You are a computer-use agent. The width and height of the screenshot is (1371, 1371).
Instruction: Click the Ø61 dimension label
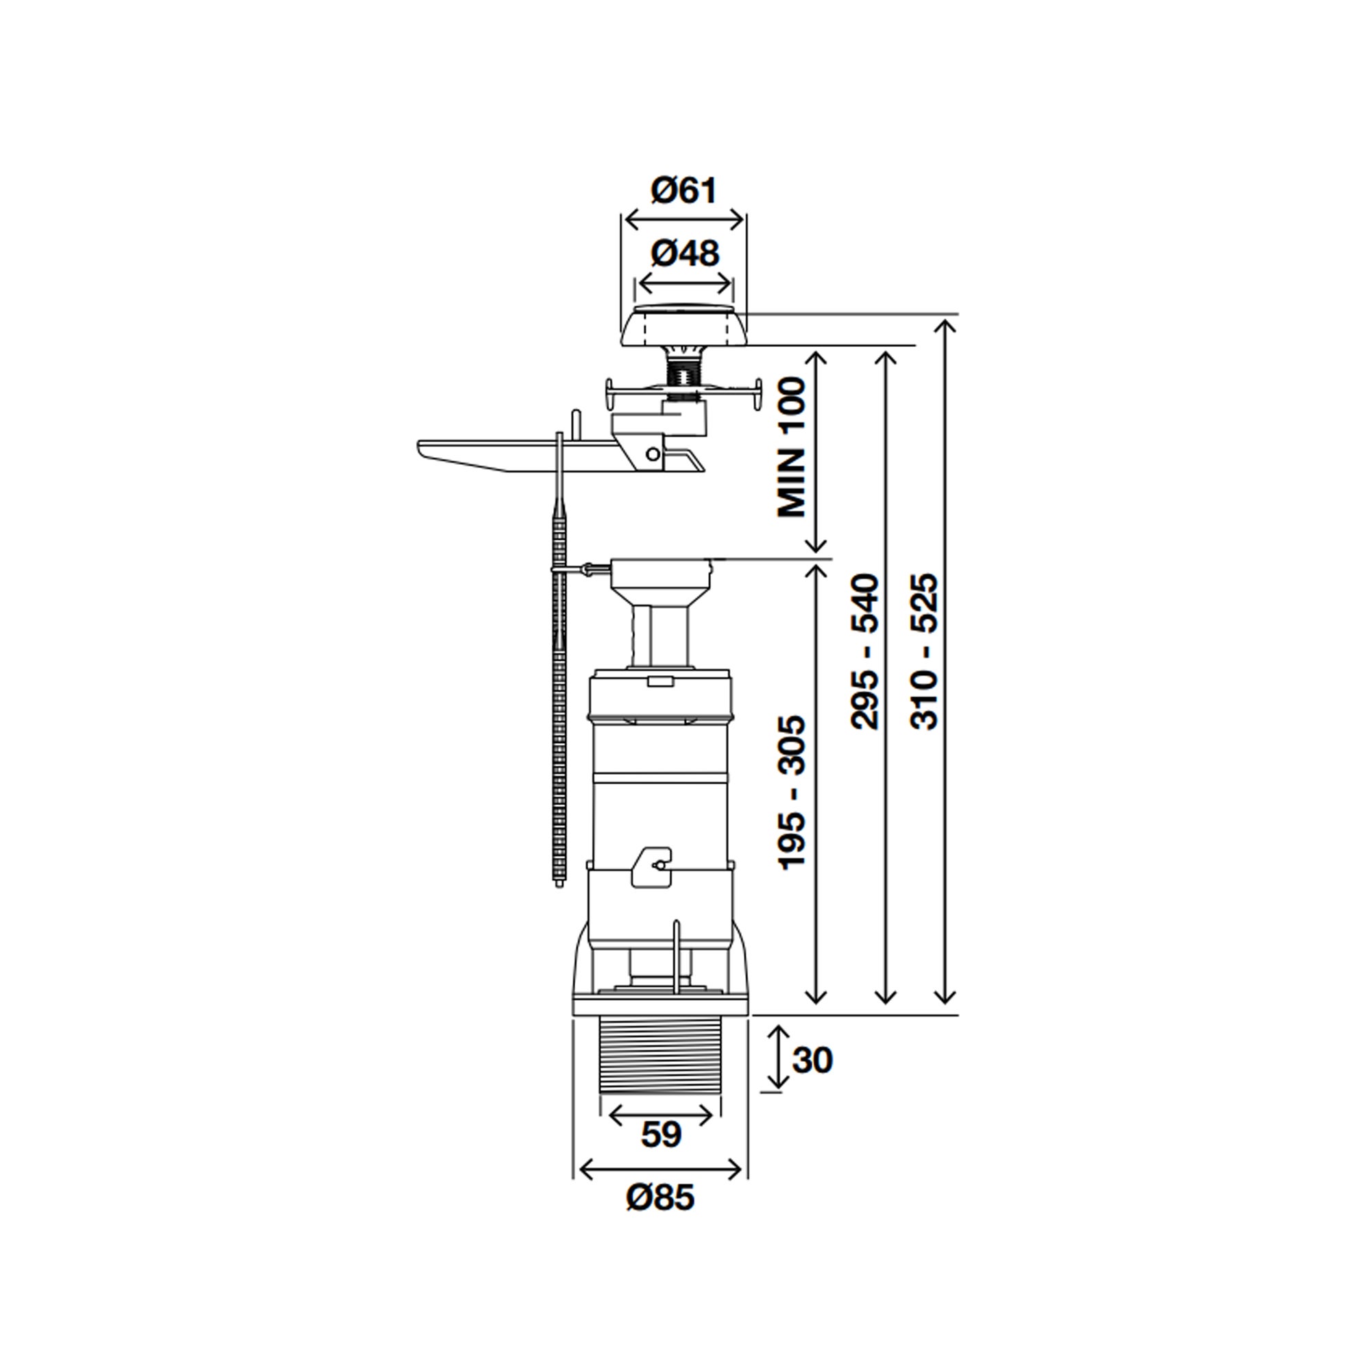pos(684,191)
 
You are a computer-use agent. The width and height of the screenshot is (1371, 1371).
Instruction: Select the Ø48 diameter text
pos(685,254)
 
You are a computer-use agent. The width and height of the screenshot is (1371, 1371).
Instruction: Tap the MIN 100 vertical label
pos(792,448)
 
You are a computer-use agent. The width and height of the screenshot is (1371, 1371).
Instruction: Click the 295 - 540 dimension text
pos(865,652)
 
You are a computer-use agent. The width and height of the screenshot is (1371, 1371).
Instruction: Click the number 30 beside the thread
pos(812,1060)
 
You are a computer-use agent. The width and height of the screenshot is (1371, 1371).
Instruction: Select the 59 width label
pos(661,1134)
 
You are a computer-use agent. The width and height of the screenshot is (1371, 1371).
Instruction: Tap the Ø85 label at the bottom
pos(661,1198)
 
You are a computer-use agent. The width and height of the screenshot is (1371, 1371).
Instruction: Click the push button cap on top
pos(684,326)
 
